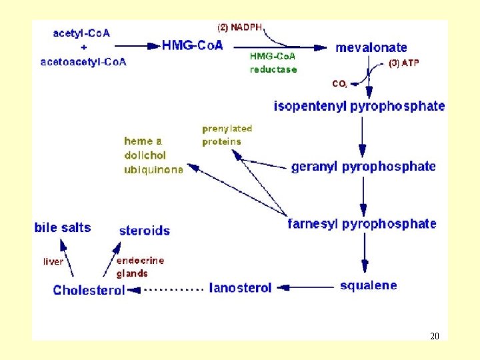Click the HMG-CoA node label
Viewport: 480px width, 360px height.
[193, 45]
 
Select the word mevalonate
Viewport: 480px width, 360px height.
[371, 47]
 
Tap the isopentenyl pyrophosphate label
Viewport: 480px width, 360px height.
[359, 106]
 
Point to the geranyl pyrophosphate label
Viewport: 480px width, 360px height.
[363, 167]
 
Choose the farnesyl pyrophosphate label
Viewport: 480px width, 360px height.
[362, 224]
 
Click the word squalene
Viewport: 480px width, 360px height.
[368, 286]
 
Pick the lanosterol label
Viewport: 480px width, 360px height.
[241, 288]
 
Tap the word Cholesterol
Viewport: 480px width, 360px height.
[89, 290]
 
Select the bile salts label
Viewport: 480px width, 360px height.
[63, 227]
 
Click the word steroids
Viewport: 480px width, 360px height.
[144, 231]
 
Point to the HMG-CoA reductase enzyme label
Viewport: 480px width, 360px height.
[273, 63]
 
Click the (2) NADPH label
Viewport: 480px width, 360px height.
[240, 27]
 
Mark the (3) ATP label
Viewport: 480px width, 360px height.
[404, 64]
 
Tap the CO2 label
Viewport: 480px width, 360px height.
[339, 84]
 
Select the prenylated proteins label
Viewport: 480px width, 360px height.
[227, 135]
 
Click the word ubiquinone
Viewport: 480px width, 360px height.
[153, 170]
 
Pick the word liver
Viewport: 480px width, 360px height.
[53, 261]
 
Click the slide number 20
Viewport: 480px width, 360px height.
[435, 336]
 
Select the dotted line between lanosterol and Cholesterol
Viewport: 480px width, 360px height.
[173, 289]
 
